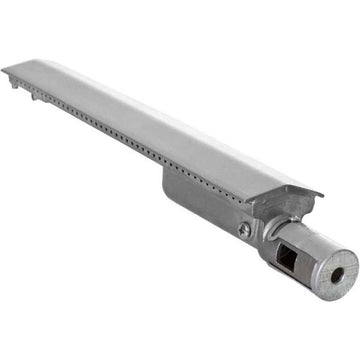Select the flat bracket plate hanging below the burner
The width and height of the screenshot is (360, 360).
point(205,205)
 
